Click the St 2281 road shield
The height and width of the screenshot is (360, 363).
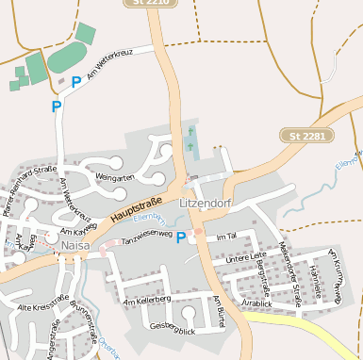[307, 137]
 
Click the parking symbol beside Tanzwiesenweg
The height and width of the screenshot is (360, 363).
[181, 238]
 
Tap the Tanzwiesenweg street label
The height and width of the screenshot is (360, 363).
[147, 232]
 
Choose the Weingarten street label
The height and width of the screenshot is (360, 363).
[115, 176]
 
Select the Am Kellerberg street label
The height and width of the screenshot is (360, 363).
[146, 301]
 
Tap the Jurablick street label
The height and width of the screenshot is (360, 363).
[256, 303]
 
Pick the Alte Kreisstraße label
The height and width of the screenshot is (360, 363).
[43, 307]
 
